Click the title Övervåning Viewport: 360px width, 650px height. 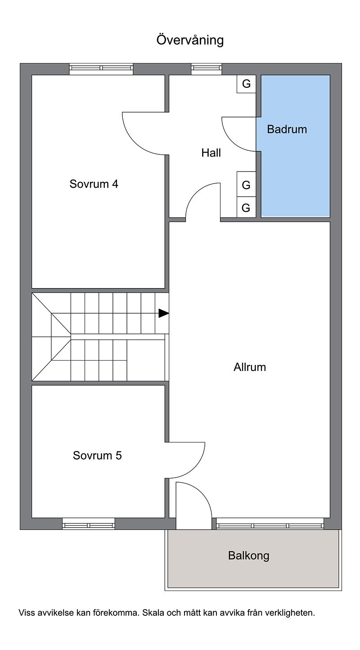[x=190, y=40]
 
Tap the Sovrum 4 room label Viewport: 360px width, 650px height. [x=94, y=184]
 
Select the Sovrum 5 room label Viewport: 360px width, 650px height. [x=97, y=455]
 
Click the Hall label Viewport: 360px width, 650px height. [x=211, y=153]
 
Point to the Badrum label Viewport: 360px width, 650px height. [x=287, y=129]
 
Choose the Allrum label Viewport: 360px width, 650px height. [x=250, y=367]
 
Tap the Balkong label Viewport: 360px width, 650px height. [x=248, y=555]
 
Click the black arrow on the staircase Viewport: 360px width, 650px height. [x=164, y=313]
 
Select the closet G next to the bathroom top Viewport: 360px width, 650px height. [x=246, y=84]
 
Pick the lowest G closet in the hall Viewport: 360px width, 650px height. [x=246, y=208]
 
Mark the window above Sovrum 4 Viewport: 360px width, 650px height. [x=101, y=68]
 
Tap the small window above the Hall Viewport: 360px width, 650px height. [x=206, y=68]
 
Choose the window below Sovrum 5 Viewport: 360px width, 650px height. [x=89, y=524]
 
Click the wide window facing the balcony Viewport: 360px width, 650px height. [x=270, y=524]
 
